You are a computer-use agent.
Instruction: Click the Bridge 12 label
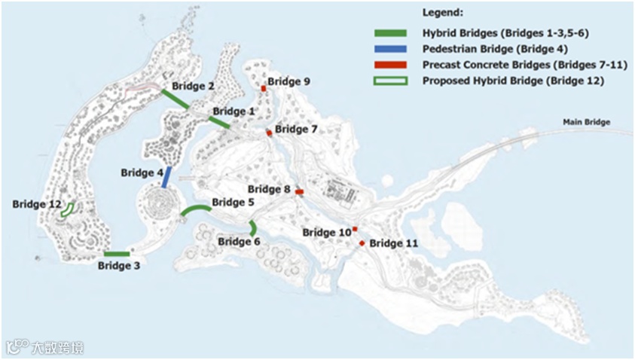pos(37,204)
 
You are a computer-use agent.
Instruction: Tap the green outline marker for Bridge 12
pos(69,209)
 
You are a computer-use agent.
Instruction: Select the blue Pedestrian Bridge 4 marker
pos(166,177)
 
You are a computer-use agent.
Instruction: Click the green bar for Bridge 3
pos(117,254)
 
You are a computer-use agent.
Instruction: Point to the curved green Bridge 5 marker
pos(196,209)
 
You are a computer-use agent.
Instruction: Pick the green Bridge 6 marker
pos(253,227)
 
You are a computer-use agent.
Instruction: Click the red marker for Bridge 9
pos(264,89)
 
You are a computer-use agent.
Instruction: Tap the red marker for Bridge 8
pos(299,192)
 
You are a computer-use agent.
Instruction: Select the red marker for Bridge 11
pos(362,243)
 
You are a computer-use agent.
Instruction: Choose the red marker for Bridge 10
pos(355,229)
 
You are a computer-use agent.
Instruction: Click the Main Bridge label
pos(586,122)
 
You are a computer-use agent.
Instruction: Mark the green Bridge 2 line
pos(175,99)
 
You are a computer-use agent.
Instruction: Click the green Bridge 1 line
pos(218,121)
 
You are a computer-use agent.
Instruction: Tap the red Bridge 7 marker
pos(269,133)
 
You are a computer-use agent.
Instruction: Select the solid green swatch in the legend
pos(390,33)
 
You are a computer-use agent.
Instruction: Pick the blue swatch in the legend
pos(390,49)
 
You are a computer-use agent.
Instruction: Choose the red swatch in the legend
pos(390,65)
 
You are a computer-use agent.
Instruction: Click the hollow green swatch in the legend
pos(390,81)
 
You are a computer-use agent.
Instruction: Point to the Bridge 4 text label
pos(142,173)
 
